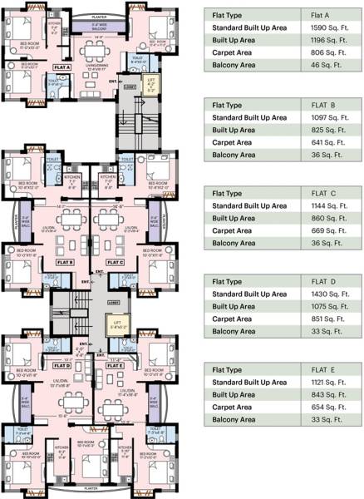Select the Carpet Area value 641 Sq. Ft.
click(317, 141)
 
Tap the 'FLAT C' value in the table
click(316, 193)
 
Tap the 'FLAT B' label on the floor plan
click(66, 261)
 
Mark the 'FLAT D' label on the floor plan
click(61, 364)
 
